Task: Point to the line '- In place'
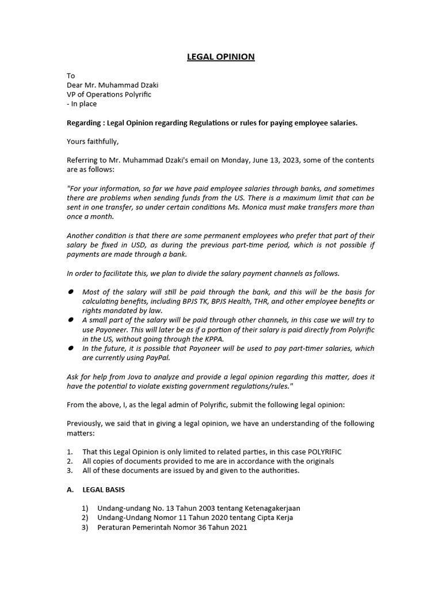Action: pyautogui.click(x=82, y=104)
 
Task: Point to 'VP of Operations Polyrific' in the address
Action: pyautogui.click(x=109, y=94)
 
